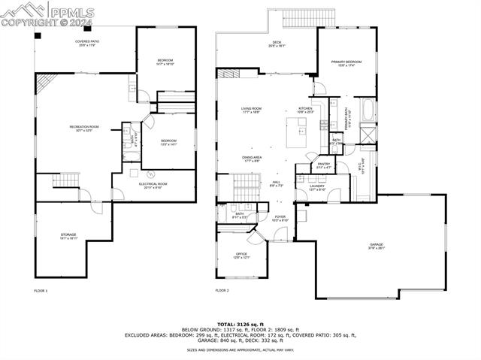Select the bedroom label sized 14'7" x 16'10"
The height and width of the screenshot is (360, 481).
point(165,62)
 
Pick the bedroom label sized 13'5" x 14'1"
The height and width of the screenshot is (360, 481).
point(168,143)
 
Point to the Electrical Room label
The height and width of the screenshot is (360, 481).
point(153,186)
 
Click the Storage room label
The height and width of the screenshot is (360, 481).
point(68,237)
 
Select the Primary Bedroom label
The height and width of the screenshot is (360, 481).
point(346,62)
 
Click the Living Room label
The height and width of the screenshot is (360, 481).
point(251,111)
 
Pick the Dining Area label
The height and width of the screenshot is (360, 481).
point(252,159)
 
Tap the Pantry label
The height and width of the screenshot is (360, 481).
point(324,165)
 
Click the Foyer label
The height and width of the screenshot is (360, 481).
point(280,219)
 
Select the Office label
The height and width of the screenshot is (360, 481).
point(241,256)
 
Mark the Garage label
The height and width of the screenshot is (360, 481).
point(377,247)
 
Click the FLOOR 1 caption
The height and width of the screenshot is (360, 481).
point(41,290)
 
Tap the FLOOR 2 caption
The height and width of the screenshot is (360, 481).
point(222,290)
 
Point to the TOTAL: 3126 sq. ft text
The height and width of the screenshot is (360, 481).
point(240,324)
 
